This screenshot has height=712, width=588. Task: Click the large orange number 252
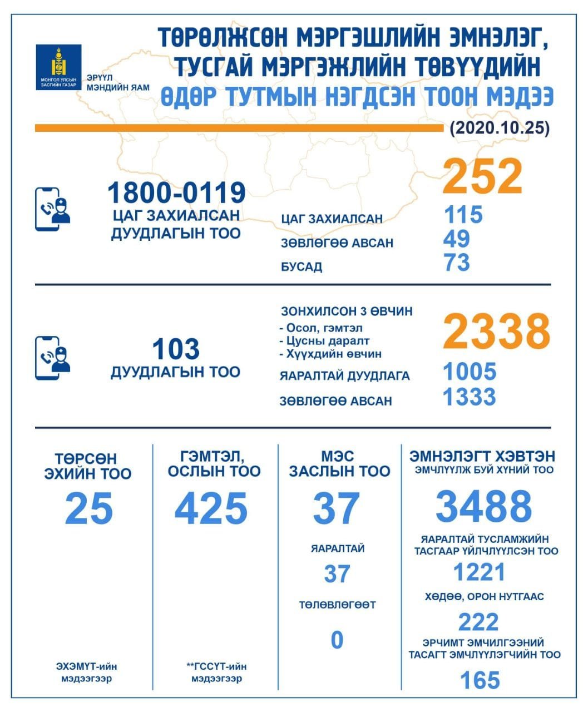coord(483,176)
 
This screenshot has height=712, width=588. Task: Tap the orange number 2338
coord(496,331)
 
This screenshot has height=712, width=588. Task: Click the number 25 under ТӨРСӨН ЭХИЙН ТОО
coord(89,508)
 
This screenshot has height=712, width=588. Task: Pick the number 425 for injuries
coord(211,508)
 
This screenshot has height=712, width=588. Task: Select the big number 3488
coord(483,506)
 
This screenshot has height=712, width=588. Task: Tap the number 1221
coord(479,572)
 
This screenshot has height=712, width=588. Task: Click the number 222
coord(478,621)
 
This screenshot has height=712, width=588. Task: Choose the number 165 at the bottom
coord(480,680)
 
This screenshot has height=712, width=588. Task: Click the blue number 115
coord(463,214)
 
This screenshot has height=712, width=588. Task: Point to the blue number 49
coord(457,239)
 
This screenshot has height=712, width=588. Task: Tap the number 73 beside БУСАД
coord(457,263)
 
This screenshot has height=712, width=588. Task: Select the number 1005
coord(469,372)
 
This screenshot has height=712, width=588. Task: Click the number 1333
coord(469,397)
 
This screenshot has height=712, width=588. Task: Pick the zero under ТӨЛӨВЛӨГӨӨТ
coord(337,640)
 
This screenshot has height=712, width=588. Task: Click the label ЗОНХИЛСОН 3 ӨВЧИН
coord(347,311)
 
